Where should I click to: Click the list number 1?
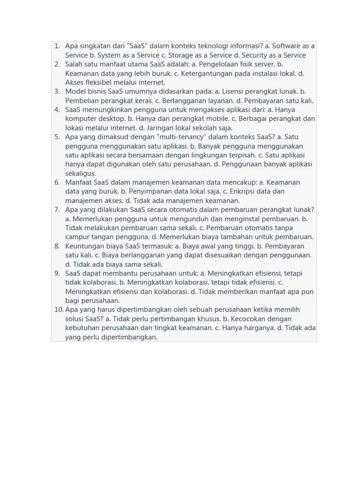57,46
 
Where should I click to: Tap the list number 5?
57,137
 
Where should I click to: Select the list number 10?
59,309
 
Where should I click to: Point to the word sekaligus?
81,173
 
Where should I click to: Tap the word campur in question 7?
77,237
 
